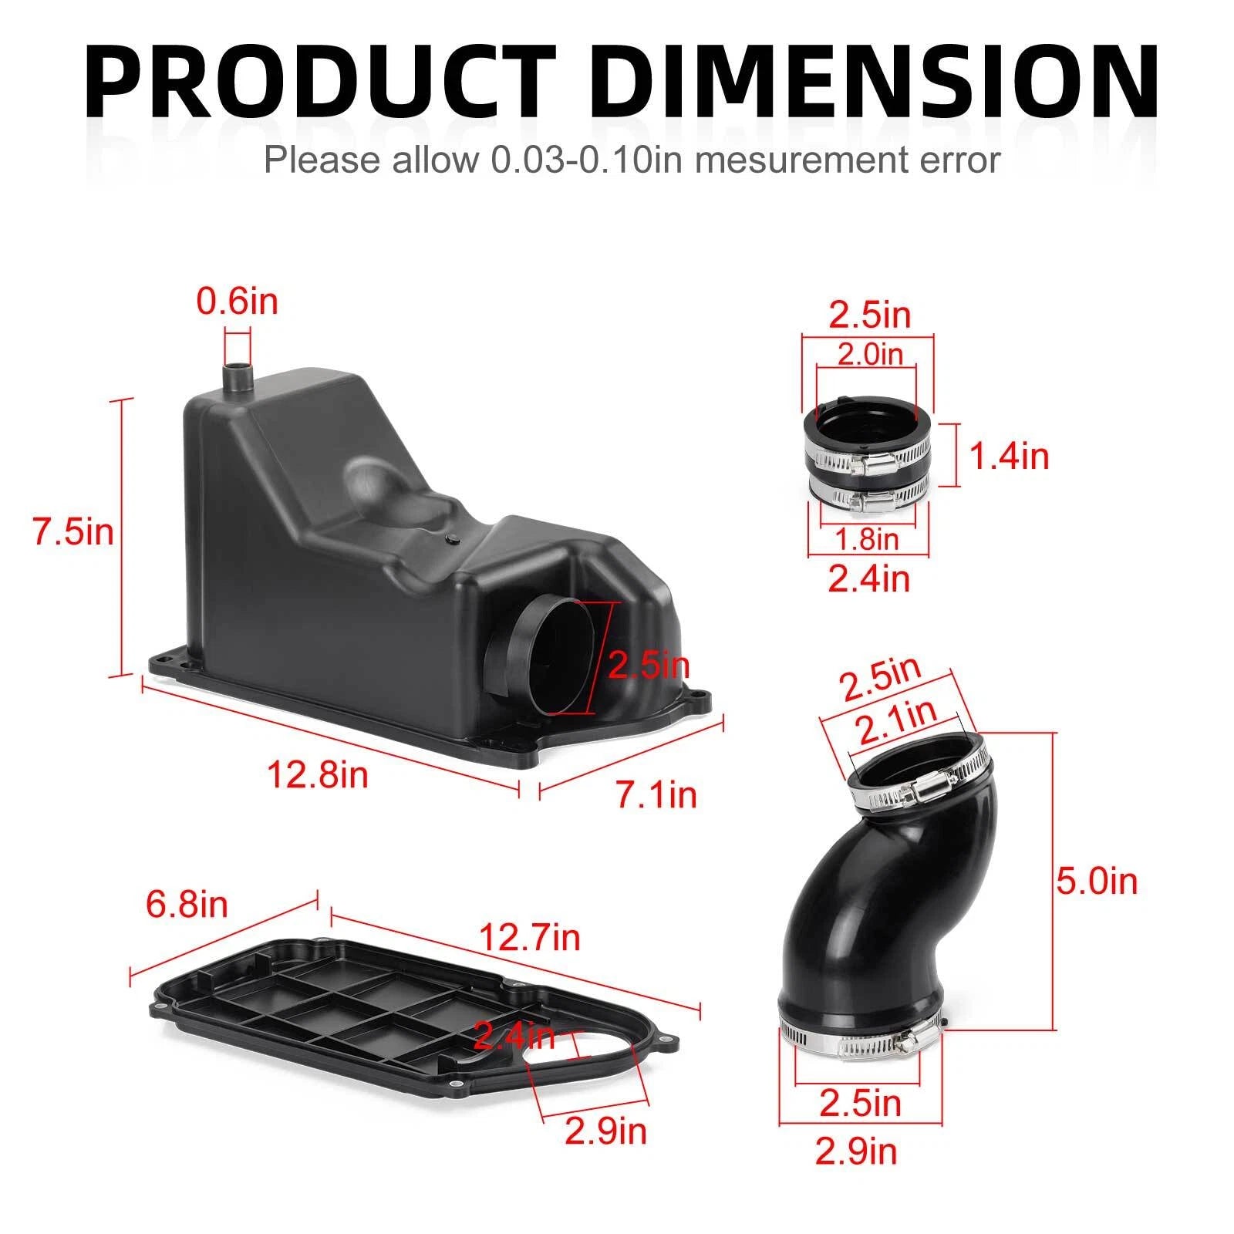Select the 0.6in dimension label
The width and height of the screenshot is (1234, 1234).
pyautogui.click(x=237, y=301)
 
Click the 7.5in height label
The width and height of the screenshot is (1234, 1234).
pyautogui.click(x=73, y=532)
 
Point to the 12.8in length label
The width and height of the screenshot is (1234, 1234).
pyautogui.click(x=318, y=774)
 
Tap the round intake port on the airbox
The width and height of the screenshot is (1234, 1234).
pyautogui.click(x=554, y=656)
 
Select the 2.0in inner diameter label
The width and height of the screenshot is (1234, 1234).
pyautogui.click(x=870, y=354)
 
